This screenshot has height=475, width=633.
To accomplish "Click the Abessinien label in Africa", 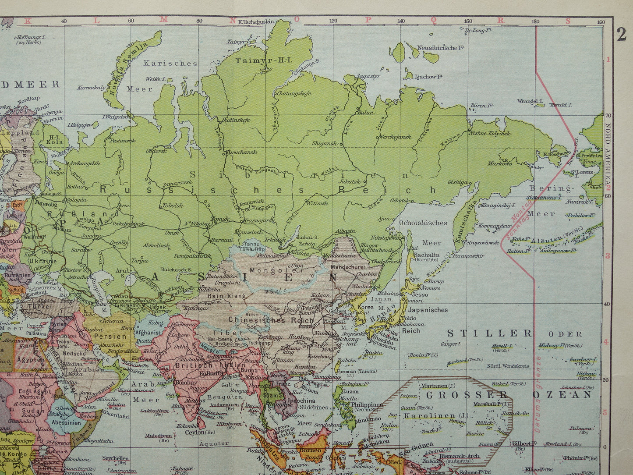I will (x=66, y=423).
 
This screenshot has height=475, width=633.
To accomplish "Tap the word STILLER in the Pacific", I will (x=489, y=333).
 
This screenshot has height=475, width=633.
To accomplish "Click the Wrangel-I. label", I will (x=530, y=101).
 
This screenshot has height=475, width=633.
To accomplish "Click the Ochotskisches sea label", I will (x=423, y=222).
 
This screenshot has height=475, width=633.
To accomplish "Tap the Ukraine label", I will (x=43, y=261).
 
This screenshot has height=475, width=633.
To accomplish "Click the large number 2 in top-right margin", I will (x=622, y=35).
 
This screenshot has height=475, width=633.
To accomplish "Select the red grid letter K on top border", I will (x=29, y=20).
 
